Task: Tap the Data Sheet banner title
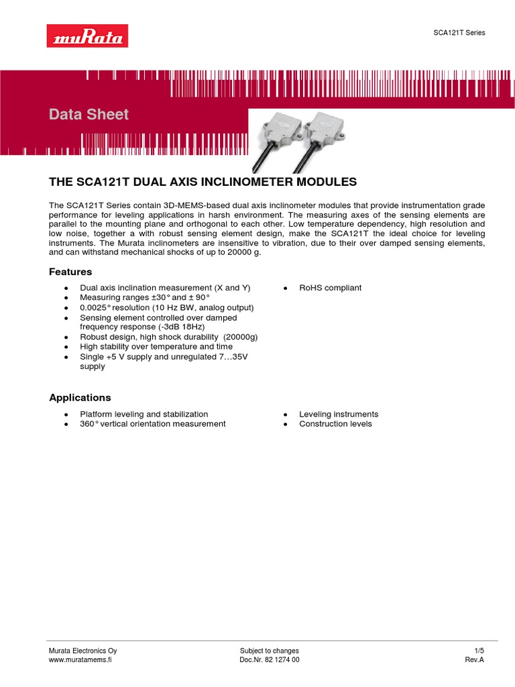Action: tap(89, 115)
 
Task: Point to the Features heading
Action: tap(70, 272)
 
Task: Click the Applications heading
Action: tap(80, 397)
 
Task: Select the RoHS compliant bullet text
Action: tap(330, 288)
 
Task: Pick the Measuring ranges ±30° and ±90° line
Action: tap(145, 297)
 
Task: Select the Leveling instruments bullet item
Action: tap(339, 414)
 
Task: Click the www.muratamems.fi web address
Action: tap(80, 659)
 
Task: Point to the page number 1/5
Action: tap(479, 651)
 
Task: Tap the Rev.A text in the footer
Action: tap(474, 659)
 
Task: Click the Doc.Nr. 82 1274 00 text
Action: tap(269, 659)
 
